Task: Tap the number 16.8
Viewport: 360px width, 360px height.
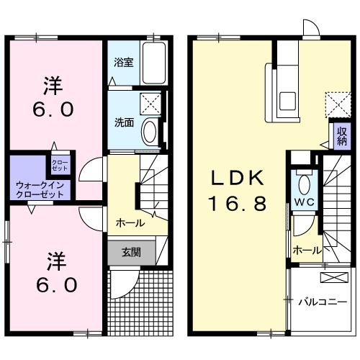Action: pyautogui.click(x=238, y=203)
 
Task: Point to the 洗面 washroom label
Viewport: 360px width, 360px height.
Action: pyautogui.click(x=124, y=122)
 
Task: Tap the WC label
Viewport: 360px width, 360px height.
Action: pyautogui.click(x=302, y=202)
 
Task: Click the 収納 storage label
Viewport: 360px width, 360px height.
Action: pyautogui.click(x=341, y=136)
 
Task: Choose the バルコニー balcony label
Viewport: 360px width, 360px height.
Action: pyautogui.click(x=323, y=301)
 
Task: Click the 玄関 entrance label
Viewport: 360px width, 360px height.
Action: pyautogui.click(x=130, y=253)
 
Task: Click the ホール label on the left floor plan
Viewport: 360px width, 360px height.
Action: pyautogui.click(x=130, y=223)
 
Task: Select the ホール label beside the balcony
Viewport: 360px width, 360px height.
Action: pyautogui.click(x=306, y=250)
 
